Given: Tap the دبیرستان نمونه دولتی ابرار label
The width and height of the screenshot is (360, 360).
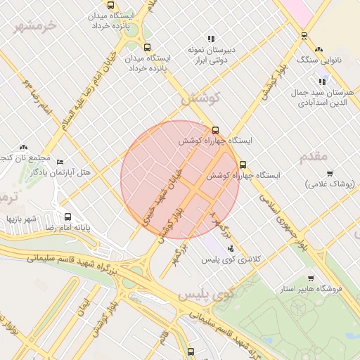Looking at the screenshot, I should pyautogui.click(x=210, y=56).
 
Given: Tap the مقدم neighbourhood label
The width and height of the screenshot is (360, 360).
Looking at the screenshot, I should pyautogui.click(x=314, y=156).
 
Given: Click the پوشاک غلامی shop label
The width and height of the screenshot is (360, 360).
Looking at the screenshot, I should pyautogui.click(x=329, y=184).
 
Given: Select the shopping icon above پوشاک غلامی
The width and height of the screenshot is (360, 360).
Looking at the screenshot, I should pyautogui.click(x=329, y=173).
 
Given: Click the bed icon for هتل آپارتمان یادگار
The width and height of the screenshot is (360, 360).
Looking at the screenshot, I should pyautogui.click(x=59, y=162).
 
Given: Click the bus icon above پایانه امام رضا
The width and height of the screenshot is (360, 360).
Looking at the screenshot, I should pyautogui.click(x=67, y=217).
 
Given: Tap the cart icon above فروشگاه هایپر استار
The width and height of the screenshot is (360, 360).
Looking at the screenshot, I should pyautogui.click(x=311, y=278).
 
